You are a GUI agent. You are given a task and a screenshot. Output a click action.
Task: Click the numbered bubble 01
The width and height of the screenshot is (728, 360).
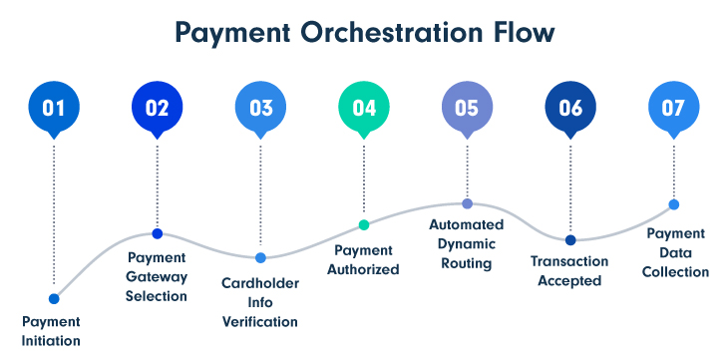tap(53, 107)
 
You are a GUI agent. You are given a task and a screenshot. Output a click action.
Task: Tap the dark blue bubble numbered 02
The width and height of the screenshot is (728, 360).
tap(157, 107)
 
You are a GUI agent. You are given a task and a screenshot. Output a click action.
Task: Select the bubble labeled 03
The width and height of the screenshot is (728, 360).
tap(260, 107)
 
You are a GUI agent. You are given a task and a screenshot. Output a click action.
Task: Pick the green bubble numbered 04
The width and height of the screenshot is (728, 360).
tap(364, 107)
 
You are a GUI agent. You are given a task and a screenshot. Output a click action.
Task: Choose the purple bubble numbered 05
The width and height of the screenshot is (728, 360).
tap(467, 107)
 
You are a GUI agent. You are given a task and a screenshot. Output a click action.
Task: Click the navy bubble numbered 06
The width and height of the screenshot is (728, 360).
tap(570, 107)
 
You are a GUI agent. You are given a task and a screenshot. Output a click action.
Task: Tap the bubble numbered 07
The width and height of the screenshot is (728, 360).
tap(673, 107)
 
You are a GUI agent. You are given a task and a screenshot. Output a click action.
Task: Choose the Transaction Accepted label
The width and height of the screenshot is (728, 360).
tap(570, 271)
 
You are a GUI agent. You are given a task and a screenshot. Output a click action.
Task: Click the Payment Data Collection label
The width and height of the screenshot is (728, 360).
tap(675, 252)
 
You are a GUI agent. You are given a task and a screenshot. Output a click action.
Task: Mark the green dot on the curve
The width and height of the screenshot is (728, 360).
tap(364, 224)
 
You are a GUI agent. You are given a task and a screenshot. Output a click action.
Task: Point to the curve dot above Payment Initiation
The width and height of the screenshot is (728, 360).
tap(54, 298)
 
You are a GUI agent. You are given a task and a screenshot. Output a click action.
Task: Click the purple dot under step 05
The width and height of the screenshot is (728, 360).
tap(467, 203)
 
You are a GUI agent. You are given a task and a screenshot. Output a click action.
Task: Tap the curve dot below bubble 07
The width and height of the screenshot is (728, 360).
tap(673, 204)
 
